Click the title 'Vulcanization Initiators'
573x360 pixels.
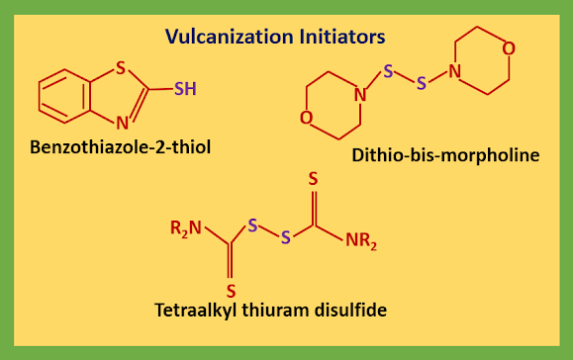point(275,39)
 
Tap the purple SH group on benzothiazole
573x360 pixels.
point(185,89)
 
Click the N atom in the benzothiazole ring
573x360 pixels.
point(121,124)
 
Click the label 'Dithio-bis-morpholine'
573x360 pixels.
point(445,155)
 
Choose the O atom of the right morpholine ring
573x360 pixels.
point(508,47)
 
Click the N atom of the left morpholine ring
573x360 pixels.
point(360,95)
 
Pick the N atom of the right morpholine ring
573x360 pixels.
point(454,70)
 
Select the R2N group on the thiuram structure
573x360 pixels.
point(187,229)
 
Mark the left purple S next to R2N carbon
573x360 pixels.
point(252,226)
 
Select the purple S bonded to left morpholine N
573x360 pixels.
point(389,71)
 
